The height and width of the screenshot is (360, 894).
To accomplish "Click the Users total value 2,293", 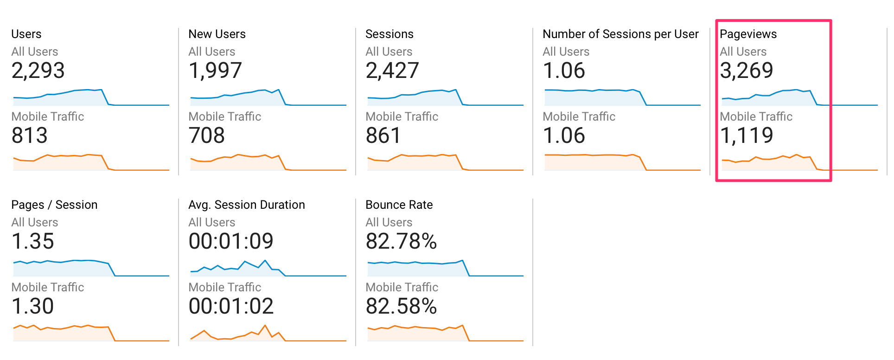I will point(38,71).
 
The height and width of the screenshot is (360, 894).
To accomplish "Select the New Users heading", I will point(217,34).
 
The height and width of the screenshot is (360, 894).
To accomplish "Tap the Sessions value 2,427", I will point(392,71).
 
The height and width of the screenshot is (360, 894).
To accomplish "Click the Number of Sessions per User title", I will point(620,34).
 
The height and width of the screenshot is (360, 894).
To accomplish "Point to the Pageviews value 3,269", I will point(746,71).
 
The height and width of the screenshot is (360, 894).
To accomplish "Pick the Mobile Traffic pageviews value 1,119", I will point(746,135).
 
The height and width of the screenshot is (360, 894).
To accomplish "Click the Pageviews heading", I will point(748,34).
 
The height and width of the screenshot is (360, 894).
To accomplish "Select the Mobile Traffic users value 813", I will point(29,135).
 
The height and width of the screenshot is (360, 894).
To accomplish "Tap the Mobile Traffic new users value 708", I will point(206,135).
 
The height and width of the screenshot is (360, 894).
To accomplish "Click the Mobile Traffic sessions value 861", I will point(383,135).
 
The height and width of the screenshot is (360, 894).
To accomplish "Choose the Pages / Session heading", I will point(54,205).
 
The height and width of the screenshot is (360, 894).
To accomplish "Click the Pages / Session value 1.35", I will point(32,241).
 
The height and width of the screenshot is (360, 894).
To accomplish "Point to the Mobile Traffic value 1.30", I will point(32,306).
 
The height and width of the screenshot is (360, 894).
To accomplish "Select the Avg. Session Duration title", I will point(246,205).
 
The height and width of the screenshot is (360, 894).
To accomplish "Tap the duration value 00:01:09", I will point(231,241).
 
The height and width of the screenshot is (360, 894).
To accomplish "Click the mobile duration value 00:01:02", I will point(231,306).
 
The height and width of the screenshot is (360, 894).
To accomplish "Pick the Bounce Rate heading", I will point(399,205).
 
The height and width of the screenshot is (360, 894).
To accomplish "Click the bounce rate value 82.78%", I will point(401,241).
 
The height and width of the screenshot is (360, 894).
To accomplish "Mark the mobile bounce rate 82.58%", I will point(401,306).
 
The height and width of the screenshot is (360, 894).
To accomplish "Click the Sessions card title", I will point(389,34).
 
